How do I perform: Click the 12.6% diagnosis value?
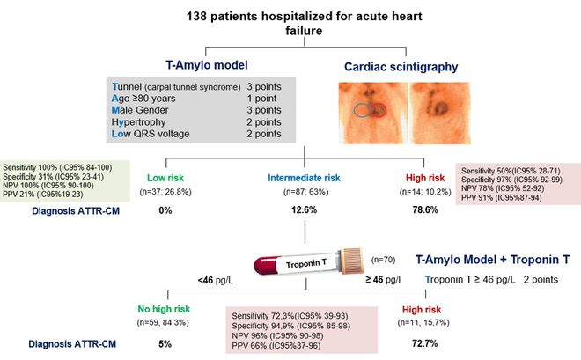point(303,209)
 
